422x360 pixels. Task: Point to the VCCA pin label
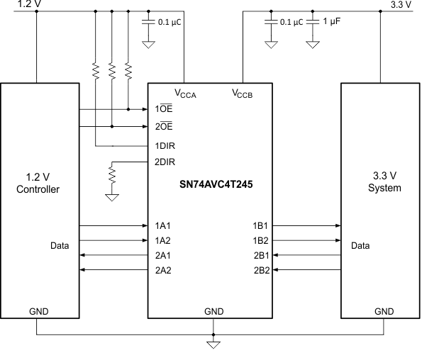click(x=186, y=94)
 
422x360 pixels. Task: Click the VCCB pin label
click(x=243, y=94)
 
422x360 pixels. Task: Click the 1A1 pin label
click(x=164, y=225)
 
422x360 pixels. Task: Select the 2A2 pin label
click(x=164, y=270)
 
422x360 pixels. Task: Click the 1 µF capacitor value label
click(x=333, y=22)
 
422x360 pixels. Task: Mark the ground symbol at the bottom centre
click(x=212, y=345)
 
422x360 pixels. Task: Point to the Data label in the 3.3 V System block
click(x=361, y=247)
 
